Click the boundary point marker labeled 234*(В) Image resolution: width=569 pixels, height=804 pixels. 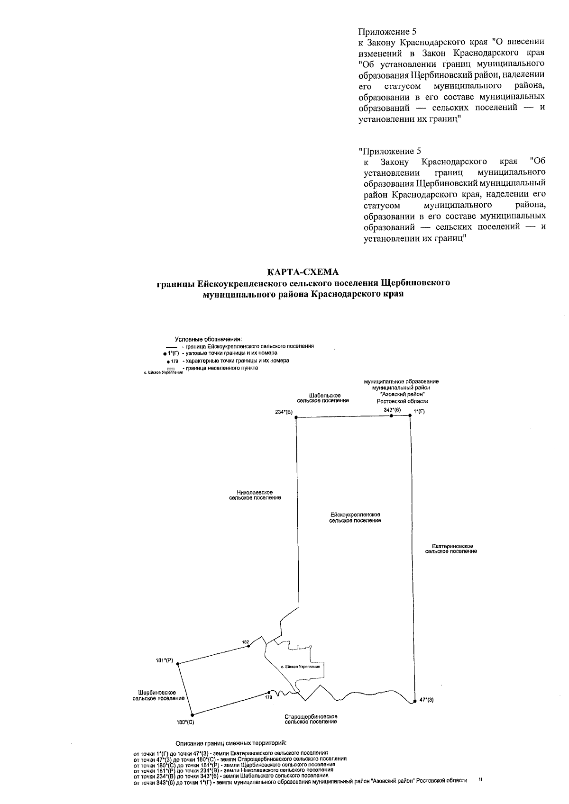tap(296, 417)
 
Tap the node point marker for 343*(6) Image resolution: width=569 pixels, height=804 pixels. tap(391, 416)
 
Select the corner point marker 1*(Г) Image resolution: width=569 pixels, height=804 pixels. tap(410, 416)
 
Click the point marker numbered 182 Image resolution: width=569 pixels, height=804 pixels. tap(249, 646)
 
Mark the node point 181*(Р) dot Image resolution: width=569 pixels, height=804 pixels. tap(178, 664)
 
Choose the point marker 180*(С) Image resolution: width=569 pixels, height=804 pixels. tap(192, 715)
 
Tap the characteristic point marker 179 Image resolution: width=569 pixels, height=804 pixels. tap(269, 692)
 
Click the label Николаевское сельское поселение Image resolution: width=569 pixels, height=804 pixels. tap(255, 495)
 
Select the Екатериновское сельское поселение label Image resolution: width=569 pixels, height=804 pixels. tap(451, 549)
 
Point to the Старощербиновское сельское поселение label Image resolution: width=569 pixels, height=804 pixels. tap(311, 719)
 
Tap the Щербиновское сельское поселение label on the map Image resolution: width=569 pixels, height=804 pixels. tap(158, 696)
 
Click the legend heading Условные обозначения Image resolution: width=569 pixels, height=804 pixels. tap(208, 339)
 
